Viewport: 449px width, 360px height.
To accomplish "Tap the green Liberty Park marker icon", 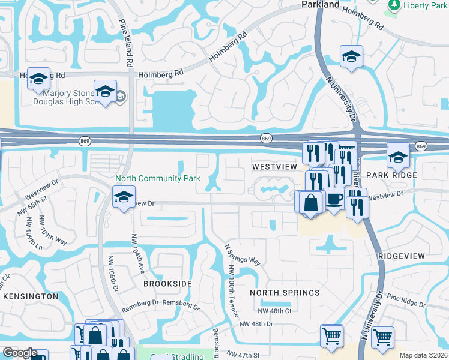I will pyautogui.click(x=394, y=5).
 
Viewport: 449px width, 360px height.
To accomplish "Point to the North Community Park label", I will pyautogui.click(x=157, y=178).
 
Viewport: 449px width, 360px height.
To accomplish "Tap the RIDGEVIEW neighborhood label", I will pyautogui.click(x=402, y=256).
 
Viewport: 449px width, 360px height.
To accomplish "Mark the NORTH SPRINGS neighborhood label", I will pyautogui.click(x=285, y=293).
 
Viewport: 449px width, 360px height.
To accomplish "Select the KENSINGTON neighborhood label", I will pyautogui.click(x=31, y=296).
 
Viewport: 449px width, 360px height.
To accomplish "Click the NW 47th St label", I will pyautogui.click(x=243, y=355).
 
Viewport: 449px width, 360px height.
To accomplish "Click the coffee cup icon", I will pyautogui.click(x=334, y=198).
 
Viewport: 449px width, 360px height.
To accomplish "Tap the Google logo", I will pyautogui.click(x=20, y=353).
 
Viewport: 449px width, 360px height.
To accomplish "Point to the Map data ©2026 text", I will pyautogui.click(x=423, y=356).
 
